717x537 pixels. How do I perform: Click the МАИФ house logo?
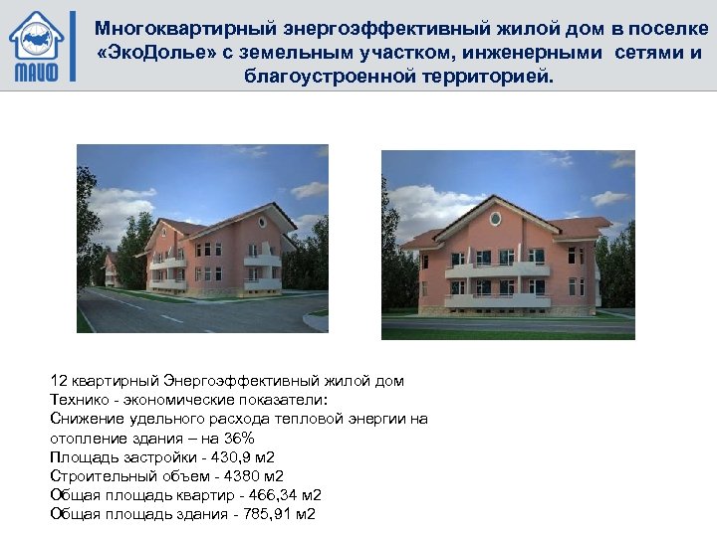(36, 46)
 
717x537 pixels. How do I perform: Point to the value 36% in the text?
(240, 439)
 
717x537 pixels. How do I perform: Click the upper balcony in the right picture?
(497, 268)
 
